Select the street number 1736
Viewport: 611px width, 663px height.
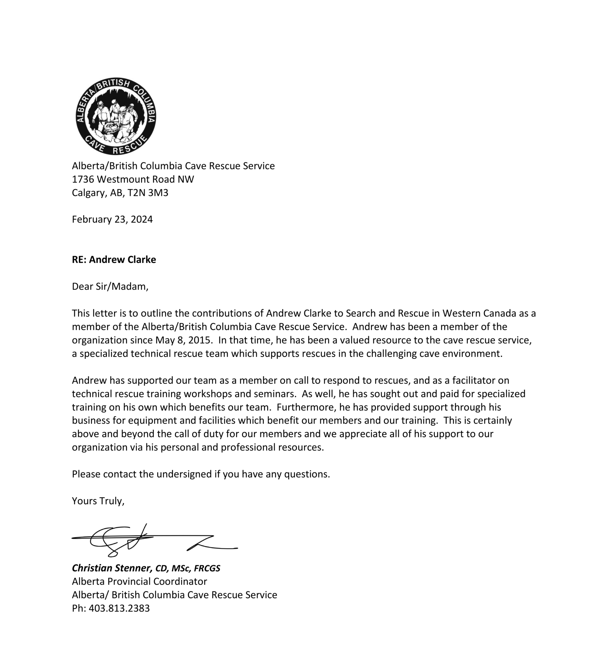click(83, 179)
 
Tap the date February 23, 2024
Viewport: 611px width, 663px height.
click(112, 219)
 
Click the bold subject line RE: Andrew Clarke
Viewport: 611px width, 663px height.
click(114, 260)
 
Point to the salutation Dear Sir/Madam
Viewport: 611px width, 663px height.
click(110, 286)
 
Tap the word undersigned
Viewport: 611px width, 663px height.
click(184, 474)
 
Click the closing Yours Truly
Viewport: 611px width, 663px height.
click(98, 501)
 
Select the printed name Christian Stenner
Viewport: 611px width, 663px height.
click(112, 568)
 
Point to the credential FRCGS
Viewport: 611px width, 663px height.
click(207, 568)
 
